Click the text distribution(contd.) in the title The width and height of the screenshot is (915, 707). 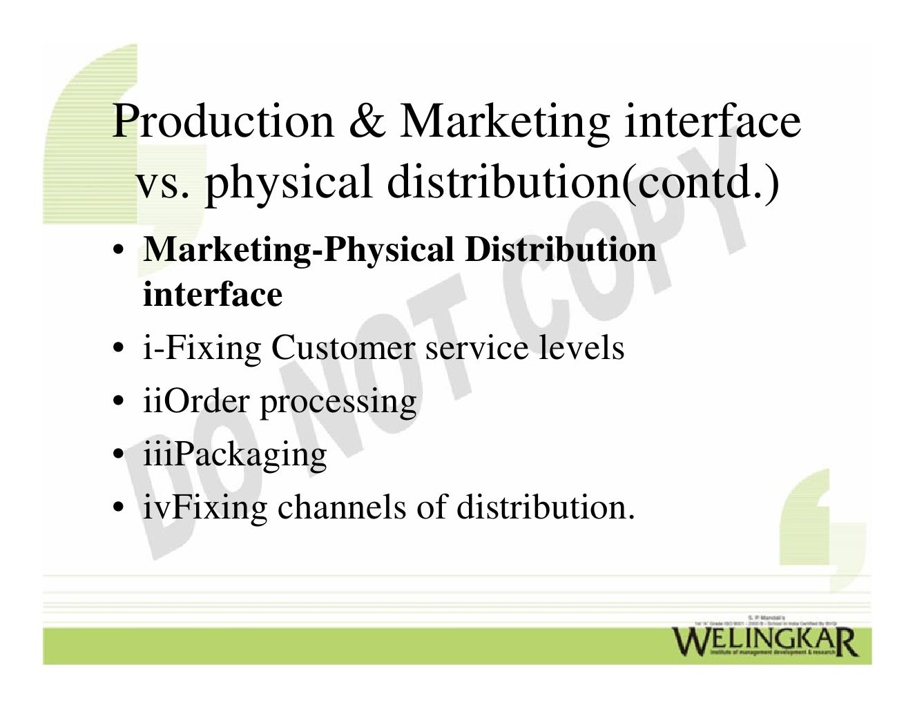(584, 182)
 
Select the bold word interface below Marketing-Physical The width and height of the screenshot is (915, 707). (213, 294)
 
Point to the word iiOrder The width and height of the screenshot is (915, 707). (195, 401)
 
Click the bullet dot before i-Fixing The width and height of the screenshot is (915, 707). (119, 348)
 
